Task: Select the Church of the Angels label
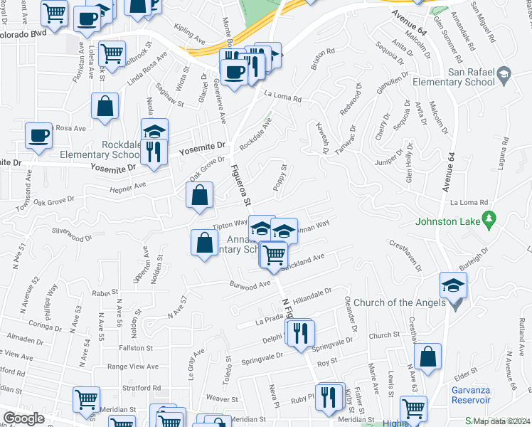pyautogui.click(x=395, y=302)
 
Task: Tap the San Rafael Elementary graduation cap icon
pyautogui.click(x=504, y=74)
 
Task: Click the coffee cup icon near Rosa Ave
pyautogui.click(x=39, y=136)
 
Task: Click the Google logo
pyautogui.click(x=23, y=418)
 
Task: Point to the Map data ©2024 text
pyautogui.click(x=501, y=419)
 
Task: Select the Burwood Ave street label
pyautogui.click(x=250, y=284)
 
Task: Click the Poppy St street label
pyautogui.click(x=280, y=179)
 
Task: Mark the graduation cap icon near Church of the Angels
pyautogui.click(x=452, y=286)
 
